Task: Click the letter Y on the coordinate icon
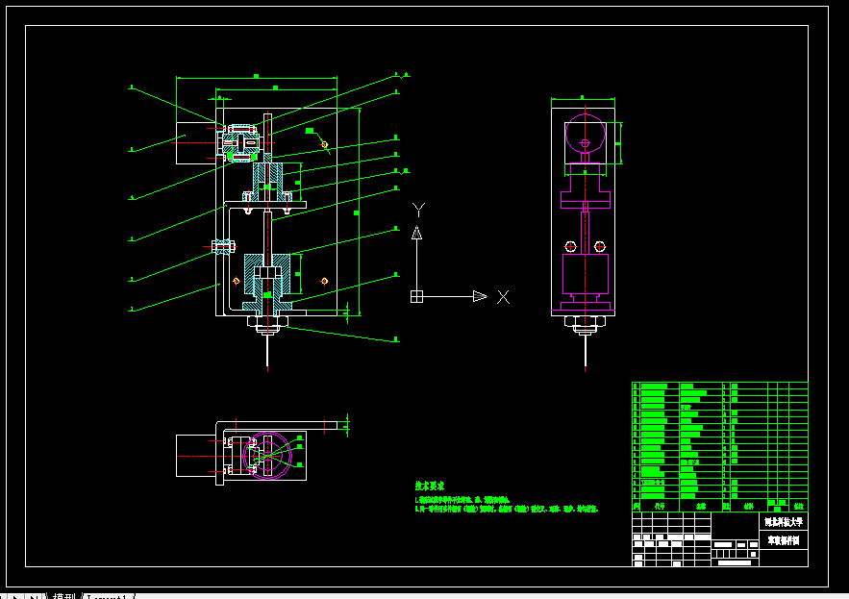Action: click(x=417, y=209)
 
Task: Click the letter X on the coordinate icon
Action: click(x=502, y=296)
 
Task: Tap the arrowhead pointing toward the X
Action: click(x=479, y=296)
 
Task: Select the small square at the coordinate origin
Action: click(x=416, y=296)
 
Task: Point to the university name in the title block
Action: click(x=783, y=522)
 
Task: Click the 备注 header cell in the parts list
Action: click(x=798, y=504)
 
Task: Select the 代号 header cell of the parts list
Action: click(x=659, y=504)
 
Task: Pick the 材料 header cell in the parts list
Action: click(x=749, y=504)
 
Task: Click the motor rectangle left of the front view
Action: click(x=195, y=137)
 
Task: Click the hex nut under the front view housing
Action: click(x=266, y=322)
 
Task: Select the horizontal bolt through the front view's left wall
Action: click(x=222, y=246)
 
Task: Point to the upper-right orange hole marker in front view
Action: click(x=324, y=145)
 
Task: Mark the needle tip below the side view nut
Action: click(x=585, y=366)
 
